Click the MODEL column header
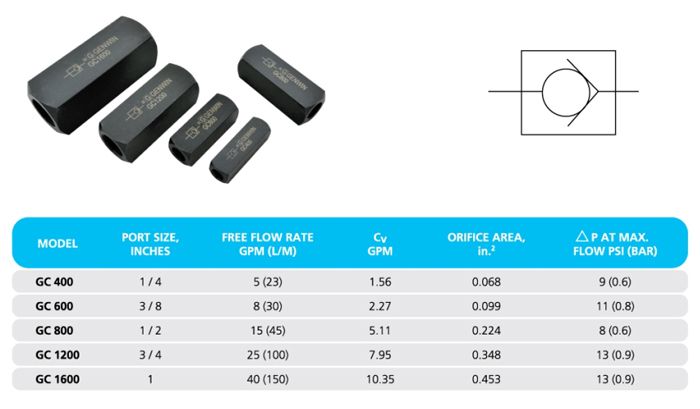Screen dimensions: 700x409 coord(58,243)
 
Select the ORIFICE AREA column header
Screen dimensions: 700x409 coord(486,244)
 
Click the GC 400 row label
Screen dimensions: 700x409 coord(54,282)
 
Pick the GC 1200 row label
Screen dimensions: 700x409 coord(58,355)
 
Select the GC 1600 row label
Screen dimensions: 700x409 coord(58,379)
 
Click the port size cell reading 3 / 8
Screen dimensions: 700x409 coord(150,306)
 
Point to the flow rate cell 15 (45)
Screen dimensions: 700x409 coord(268,330)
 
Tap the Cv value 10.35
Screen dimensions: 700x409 coord(380,379)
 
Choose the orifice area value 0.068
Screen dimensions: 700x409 coord(486,282)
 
